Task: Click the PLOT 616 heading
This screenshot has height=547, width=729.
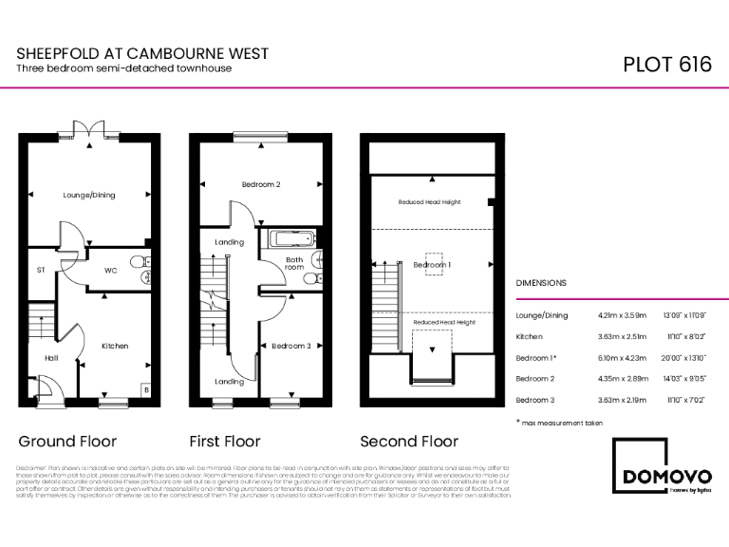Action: click(x=666, y=65)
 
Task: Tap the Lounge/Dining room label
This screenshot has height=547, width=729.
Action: click(x=88, y=195)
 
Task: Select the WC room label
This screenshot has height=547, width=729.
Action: click(x=110, y=271)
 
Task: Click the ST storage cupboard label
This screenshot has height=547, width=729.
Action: click(x=40, y=271)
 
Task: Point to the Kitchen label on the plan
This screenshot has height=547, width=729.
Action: click(x=115, y=346)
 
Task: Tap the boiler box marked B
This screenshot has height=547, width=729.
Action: click(x=145, y=389)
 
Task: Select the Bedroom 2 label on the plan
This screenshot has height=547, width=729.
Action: click(x=261, y=184)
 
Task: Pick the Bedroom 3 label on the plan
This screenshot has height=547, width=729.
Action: click(x=291, y=346)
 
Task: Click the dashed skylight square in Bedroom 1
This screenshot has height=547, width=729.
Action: click(x=434, y=263)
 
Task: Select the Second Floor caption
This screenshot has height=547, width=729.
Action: click(x=409, y=442)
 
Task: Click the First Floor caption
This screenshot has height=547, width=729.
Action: click(x=225, y=442)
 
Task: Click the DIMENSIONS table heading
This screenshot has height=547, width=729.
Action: click(x=541, y=283)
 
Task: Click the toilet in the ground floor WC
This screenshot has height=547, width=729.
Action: click(x=139, y=260)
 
